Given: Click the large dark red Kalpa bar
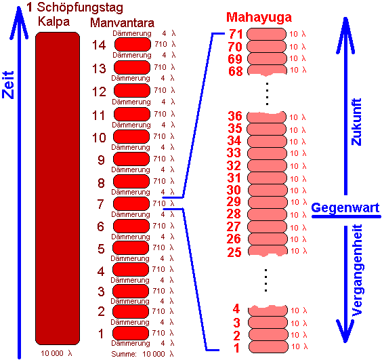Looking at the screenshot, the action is (x=58, y=188).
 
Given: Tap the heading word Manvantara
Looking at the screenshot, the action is (x=123, y=23).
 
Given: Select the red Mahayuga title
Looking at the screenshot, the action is (x=259, y=18).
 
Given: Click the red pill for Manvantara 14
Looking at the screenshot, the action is (x=133, y=44).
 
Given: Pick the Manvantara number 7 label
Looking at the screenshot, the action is (x=101, y=204).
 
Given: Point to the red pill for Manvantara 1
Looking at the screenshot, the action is (x=131, y=333).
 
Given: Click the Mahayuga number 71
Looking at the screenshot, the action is (x=236, y=34).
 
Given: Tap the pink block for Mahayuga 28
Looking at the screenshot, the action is (x=267, y=214).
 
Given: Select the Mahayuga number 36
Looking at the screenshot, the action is (x=235, y=116).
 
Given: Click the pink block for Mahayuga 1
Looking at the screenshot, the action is (x=268, y=346).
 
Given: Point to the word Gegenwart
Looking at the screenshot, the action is (x=345, y=208).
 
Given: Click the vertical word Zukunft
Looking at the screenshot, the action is (x=356, y=122).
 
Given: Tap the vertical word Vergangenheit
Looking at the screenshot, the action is (x=357, y=271).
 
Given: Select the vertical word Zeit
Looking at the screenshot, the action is (x=8, y=85).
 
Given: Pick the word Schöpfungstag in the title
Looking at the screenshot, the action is (x=80, y=7).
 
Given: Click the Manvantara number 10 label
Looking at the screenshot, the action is (x=99, y=138).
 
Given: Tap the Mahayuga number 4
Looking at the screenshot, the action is (x=236, y=309).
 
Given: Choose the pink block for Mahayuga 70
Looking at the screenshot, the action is (x=266, y=46).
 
